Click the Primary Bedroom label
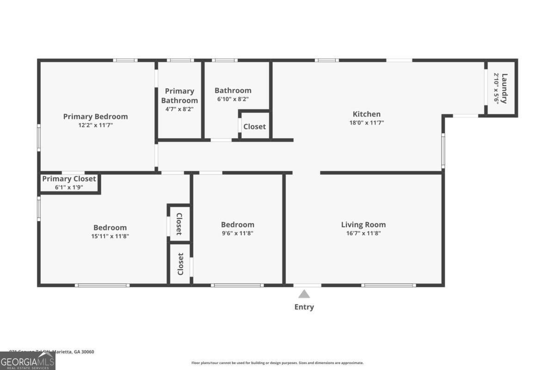tap(95, 117)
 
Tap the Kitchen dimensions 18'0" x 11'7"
tap(367, 123)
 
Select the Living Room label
tap(363, 225)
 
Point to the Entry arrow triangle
tap(304, 294)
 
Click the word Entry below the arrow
tap(304, 307)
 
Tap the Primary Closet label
tap(69, 179)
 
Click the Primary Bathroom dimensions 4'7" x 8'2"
tap(179, 109)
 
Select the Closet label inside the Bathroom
tap(254, 126)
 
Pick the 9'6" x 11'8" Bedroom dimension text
tap(237, 233)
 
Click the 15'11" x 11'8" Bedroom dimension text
tap(110, 236)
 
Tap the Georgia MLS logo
tap(28, 361)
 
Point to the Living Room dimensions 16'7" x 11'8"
tap(363, 233)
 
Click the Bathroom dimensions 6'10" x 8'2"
tap(233, 99)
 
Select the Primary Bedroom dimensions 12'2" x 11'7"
tap(95, 125)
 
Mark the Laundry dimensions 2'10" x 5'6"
tap(496, 88)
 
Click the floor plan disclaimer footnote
tap(277, 363)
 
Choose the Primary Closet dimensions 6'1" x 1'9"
tap(69, 187)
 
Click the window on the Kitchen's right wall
tap(443, 151)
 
